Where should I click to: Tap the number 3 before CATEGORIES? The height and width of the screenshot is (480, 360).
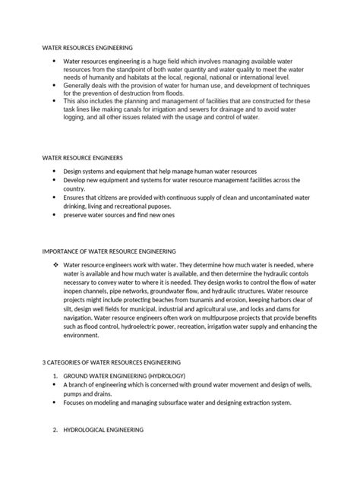tap(43, 363)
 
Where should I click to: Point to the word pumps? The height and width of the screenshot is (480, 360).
tap(75, 394)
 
